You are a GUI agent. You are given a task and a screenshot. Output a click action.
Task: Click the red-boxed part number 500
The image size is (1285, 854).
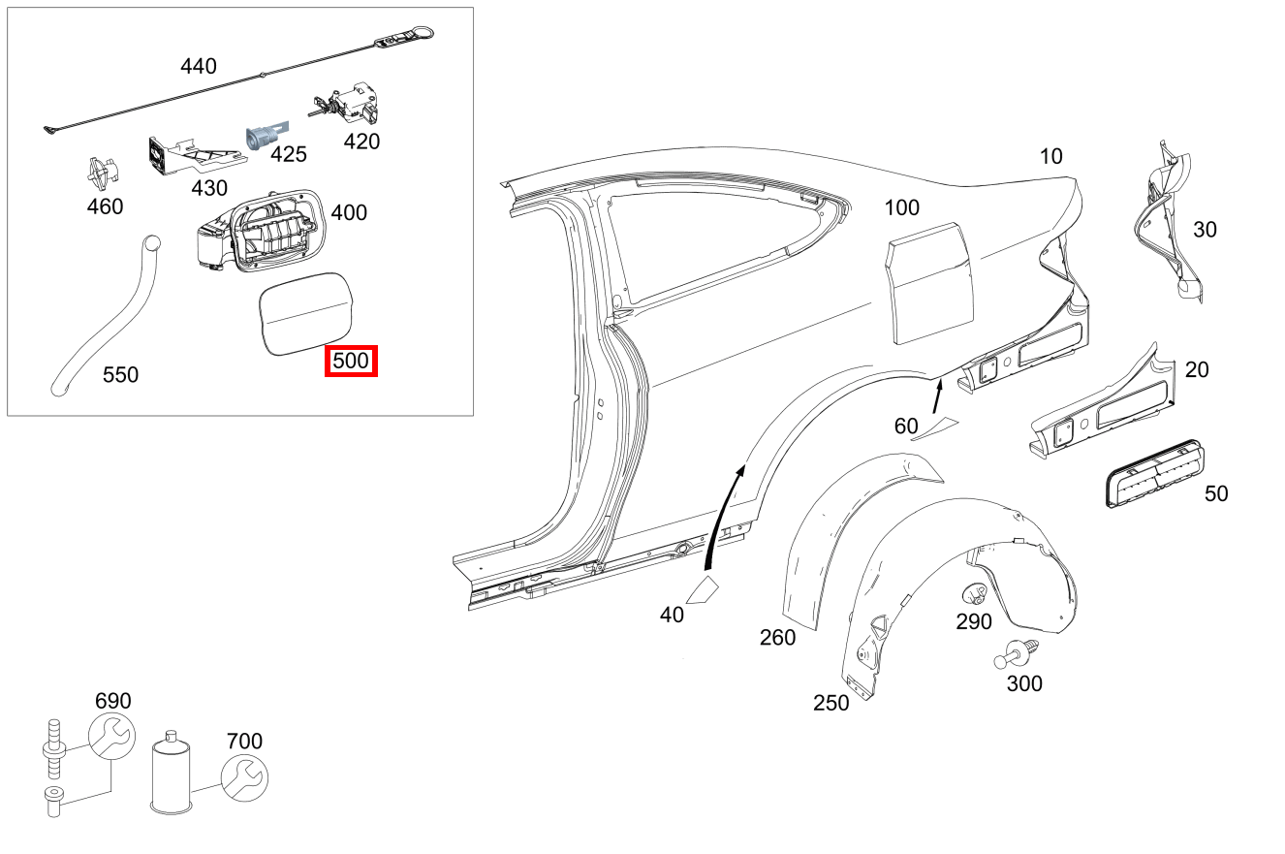click(x=350, y=362)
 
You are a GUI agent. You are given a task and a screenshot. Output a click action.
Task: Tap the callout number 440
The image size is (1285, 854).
click(x=199, y=66)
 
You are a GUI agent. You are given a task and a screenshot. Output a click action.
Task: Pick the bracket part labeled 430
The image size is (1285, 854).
click(x=189, y=155)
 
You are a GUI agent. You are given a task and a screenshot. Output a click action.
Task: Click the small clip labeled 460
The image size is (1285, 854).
click(x=103, y=173)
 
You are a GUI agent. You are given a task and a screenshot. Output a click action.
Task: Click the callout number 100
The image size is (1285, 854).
click(x=901, y=207)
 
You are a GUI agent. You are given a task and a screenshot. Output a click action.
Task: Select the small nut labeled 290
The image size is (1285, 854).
click(x=974, y=594)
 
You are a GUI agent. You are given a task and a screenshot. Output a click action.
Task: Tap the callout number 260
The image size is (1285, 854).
click(x=777, y=637)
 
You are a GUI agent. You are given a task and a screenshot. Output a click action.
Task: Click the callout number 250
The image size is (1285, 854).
click(x=831, y=703)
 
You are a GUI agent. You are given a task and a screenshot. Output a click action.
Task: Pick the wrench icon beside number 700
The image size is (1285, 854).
click(x=244, y=777)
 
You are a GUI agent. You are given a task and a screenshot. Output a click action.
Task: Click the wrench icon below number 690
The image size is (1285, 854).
click(x=111, y=737)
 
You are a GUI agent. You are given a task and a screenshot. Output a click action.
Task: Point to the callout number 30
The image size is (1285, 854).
click(x=1205, y=230)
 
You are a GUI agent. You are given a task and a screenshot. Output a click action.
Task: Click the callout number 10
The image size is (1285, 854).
click(x=1050, y=155)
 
